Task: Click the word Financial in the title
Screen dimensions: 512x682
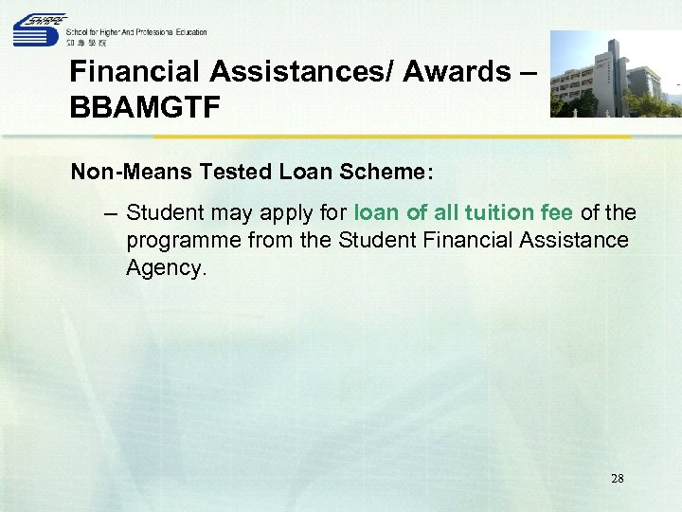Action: pos(135,72)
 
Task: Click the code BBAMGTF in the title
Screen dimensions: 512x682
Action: pos(145,106)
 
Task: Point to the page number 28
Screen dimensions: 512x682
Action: pos(617,479)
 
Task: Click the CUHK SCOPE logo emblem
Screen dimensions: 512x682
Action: pos(38,31)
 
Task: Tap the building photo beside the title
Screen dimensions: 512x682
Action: pos(615,74)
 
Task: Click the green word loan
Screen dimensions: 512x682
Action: pos(376,212)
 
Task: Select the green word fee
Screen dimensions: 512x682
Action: pos(557,212)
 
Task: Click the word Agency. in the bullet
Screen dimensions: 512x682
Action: pos(165,269)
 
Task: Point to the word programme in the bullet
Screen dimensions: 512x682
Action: pos(184,241)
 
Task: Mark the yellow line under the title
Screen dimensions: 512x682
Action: pos(350,137)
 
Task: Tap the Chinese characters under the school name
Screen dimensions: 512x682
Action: pos(87,43)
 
